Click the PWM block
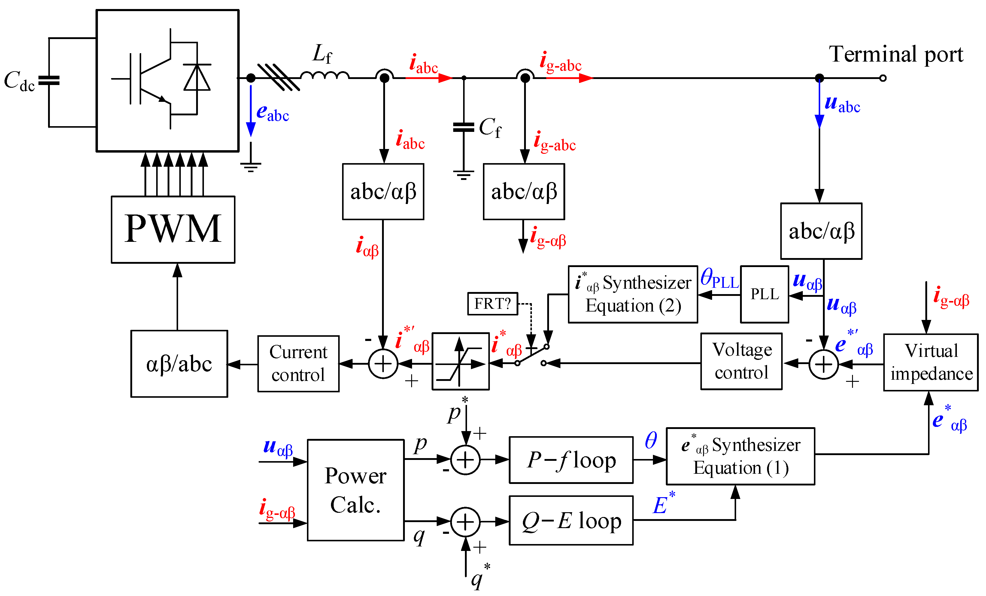click(173, 229)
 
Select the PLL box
click(764, 294)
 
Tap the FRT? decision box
click(493, 304)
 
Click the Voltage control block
click(741, 361)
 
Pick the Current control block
click(298, 364)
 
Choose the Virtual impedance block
click(931, 362)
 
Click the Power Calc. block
click(355, 490)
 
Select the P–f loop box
click(571, 460)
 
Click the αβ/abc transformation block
click(179, 364)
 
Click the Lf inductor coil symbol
click(325, 75)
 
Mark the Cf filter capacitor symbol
click(463, 127)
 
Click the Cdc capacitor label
click(19, 81)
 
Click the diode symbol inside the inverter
click(197, 77)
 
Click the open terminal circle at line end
click(883, 78)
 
